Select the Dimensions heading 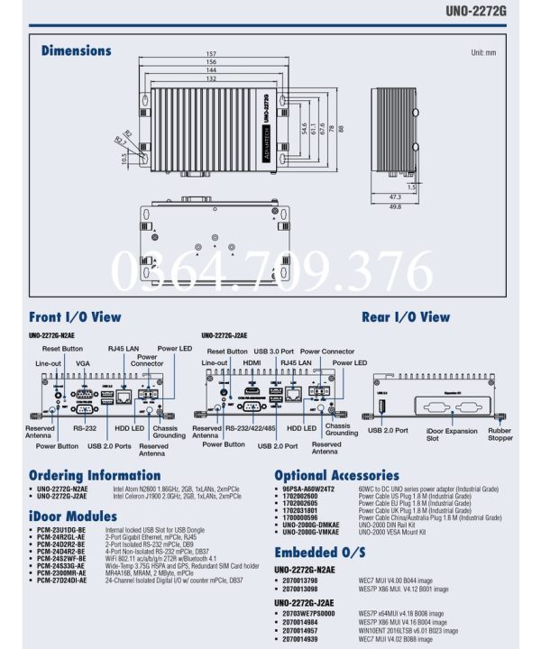coord(78,51)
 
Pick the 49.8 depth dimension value coord(394,206)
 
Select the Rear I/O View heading coord(405,317)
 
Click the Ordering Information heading coord(95,475)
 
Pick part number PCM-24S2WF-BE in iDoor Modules coord(61,558)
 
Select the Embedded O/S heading coord(320,552)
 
